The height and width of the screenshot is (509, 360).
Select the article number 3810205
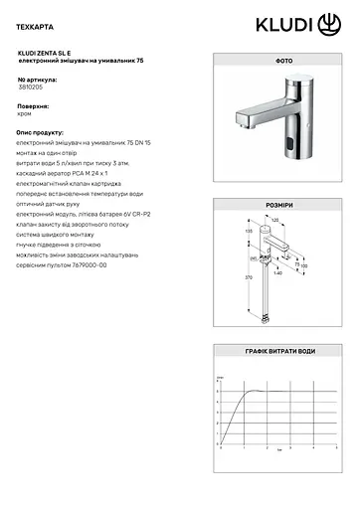click(x=30, y=86)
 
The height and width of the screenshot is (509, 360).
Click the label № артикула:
click(x=37, y=79)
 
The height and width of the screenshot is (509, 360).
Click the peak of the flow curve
click(x=261, y=391)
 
